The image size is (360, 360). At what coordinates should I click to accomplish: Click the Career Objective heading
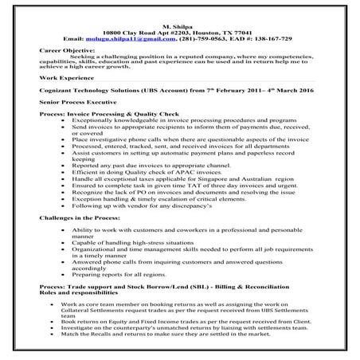click(x=67, y=50)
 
